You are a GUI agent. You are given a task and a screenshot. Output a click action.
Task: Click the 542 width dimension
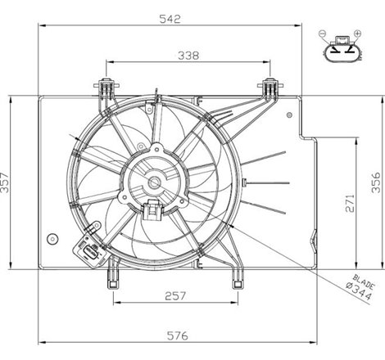(x=170, y=19)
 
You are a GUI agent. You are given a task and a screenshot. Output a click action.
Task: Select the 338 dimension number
(x=188, y=56)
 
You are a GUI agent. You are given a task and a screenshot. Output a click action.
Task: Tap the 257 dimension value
(x=175, y=296)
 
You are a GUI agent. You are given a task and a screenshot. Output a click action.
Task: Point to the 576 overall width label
(x=178, y=335)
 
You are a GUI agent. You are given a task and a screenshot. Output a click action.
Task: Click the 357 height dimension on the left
(x=5, y=182)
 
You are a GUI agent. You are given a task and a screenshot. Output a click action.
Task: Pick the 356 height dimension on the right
(x=376, y=182)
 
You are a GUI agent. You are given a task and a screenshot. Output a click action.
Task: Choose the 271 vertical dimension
(x=350, y=203)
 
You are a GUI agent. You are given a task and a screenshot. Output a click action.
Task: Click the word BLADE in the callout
(x=364, y=281)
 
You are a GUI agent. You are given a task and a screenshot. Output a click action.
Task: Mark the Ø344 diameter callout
(x=359, y=292)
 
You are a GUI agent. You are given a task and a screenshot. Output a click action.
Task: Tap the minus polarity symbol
(x=322, y=34)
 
